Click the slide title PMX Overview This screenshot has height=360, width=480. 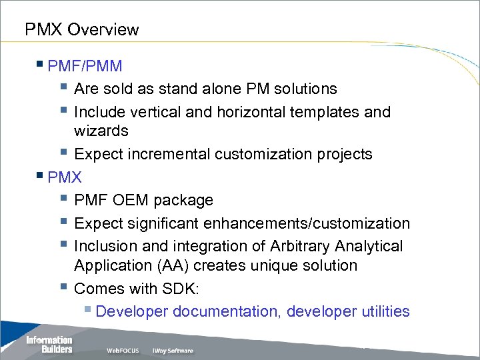coord(81,30)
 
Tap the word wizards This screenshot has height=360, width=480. coord(101,131)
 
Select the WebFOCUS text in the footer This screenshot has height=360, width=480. coord(123,351)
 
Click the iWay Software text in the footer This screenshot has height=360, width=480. coord(173,351)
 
